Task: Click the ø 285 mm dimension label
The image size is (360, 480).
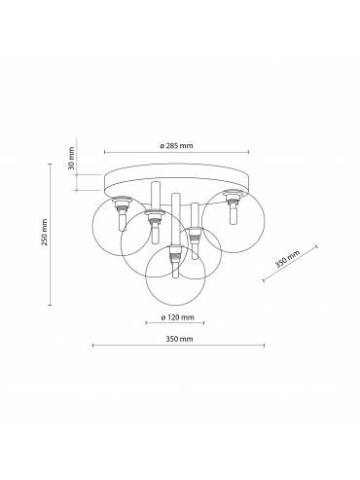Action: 176,146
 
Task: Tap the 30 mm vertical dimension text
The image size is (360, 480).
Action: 72,159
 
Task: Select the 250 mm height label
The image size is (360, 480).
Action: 44,233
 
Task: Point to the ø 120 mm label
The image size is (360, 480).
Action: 177,317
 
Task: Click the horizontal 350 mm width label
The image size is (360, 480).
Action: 179,339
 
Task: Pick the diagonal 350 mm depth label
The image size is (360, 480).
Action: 287,259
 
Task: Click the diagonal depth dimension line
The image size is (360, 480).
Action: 290,263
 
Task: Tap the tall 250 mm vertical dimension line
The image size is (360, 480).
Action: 50,234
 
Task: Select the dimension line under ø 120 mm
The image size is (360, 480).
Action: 175,322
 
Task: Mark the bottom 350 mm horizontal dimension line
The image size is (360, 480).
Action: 179,346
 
